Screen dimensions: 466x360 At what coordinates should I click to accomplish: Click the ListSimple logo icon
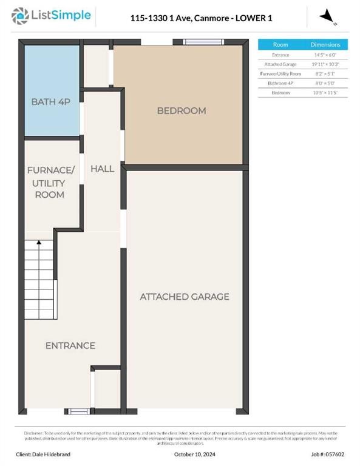coord(21,16)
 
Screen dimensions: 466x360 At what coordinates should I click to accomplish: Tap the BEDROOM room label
coord(181,110)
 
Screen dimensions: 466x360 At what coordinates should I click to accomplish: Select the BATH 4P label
coord(51,101)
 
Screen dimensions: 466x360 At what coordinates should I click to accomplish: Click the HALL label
coord(102,168)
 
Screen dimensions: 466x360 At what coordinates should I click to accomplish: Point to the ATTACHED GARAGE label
coord(185,296)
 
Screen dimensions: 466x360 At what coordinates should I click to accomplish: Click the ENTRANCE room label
coord(70,345)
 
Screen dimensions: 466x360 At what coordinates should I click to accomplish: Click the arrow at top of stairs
coord(39,243)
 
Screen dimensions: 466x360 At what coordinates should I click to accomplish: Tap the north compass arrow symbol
coord(328,16)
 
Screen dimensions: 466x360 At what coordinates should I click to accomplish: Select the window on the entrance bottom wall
coord(79,411)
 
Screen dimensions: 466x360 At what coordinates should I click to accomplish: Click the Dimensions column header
coord(325,45)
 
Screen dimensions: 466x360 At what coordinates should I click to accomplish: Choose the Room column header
coord(280,45)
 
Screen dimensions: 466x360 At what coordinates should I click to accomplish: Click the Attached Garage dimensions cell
coord(325,64)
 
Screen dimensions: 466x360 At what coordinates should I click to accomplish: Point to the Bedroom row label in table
coord(280,92)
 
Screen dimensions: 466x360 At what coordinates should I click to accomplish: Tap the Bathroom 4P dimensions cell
coord(325,83)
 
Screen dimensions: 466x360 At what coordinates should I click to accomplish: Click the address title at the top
coord(201,18)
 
